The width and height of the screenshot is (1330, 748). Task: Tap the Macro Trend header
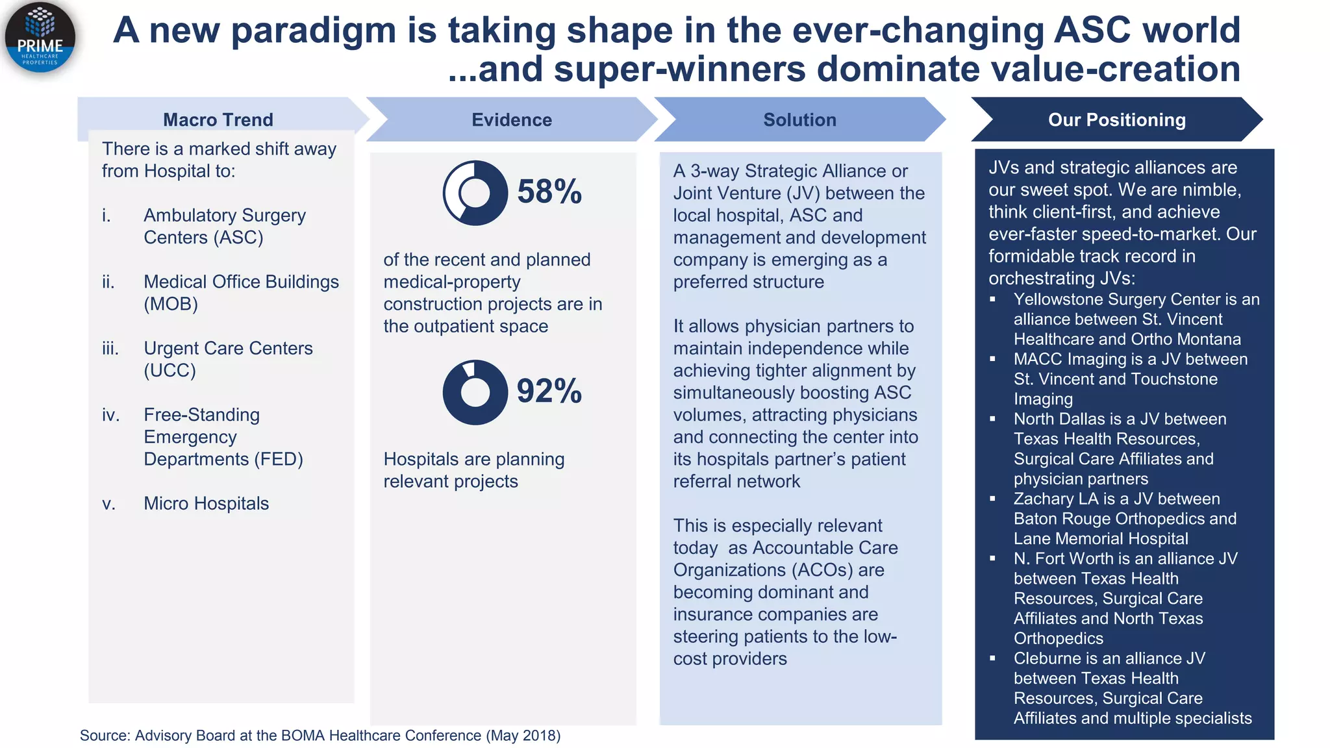click(218, 119)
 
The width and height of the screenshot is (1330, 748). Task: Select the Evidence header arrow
click(512, 119)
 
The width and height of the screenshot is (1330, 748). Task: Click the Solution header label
click(799, 119)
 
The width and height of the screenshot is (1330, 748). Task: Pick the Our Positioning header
click(1116, 119)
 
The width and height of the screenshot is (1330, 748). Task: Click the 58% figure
click(549, 192)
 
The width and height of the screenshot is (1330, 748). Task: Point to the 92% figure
click(549, 391)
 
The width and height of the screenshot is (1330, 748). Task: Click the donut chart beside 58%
click(475, 193)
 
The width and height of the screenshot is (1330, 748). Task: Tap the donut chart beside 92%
click(475, 392)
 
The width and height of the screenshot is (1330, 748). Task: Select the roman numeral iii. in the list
click(110, 349)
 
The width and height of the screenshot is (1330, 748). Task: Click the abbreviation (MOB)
click(171, 304)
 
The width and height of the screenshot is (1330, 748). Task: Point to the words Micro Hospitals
click(206, 503)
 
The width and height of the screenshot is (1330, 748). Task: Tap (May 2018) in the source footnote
click(523, 736)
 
